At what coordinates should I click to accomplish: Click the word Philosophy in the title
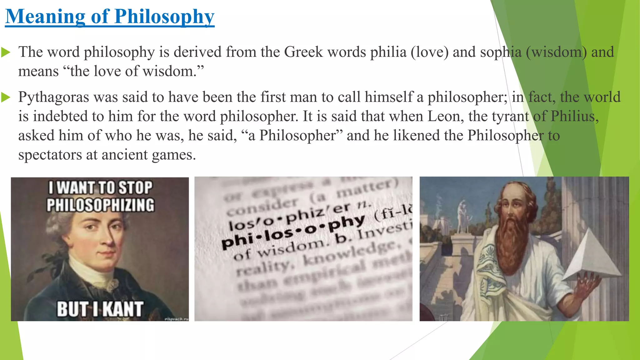pyautogui.click(x=164, y=17)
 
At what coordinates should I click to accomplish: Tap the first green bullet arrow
pyautogui.click(x=6, y=52)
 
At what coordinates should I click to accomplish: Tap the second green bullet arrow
pyautogui.click(x=6, y=97)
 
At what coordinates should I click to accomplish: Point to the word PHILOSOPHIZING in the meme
pyautogui.click(x=100, y=205)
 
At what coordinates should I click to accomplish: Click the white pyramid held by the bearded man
pyautogui.click(x=591, y=256)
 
